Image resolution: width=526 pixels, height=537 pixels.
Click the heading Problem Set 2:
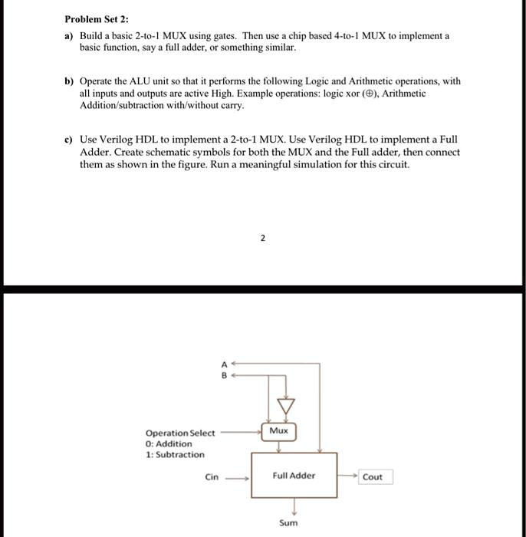[96, 19]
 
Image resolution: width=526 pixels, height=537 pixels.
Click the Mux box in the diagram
[279, 431]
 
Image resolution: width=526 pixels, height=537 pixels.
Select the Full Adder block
[294, 476]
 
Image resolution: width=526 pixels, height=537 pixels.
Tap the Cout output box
[373, 476]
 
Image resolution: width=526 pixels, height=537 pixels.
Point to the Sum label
[288, 523]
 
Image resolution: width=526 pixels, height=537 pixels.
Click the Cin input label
[212, 476]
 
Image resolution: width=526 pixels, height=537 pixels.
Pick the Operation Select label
[180, 433]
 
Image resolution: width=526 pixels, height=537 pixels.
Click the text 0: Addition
[169, 443]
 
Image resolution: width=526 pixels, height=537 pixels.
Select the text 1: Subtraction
[175, 454]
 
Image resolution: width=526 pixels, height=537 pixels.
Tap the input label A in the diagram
[224, 365]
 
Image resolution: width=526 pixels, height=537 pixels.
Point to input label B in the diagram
[224, 376]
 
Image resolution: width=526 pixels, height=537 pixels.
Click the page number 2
[262, 238]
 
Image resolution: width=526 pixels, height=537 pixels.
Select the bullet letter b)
[69, 81]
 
